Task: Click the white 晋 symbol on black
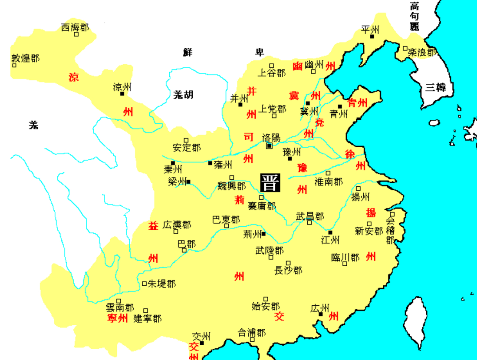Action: [x=270, y=183]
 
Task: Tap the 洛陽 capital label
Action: [x=271, y=137]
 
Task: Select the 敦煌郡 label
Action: [x=25, y=58]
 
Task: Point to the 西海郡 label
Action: [x=75, y=28]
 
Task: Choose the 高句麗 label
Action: [x=414, y=16]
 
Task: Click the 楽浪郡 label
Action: [x=422, y=53]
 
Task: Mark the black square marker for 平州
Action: [x=372, y=36]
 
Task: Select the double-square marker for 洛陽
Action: [x=270, y=146]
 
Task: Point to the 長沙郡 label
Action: [x=288, y=270]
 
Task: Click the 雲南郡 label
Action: [x=120, y=308]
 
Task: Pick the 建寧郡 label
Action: [x=147, y=318]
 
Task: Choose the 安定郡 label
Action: [x=187, y=148]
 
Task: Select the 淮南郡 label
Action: [x=329, y=182]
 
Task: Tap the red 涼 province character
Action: [x=74, y=77]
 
